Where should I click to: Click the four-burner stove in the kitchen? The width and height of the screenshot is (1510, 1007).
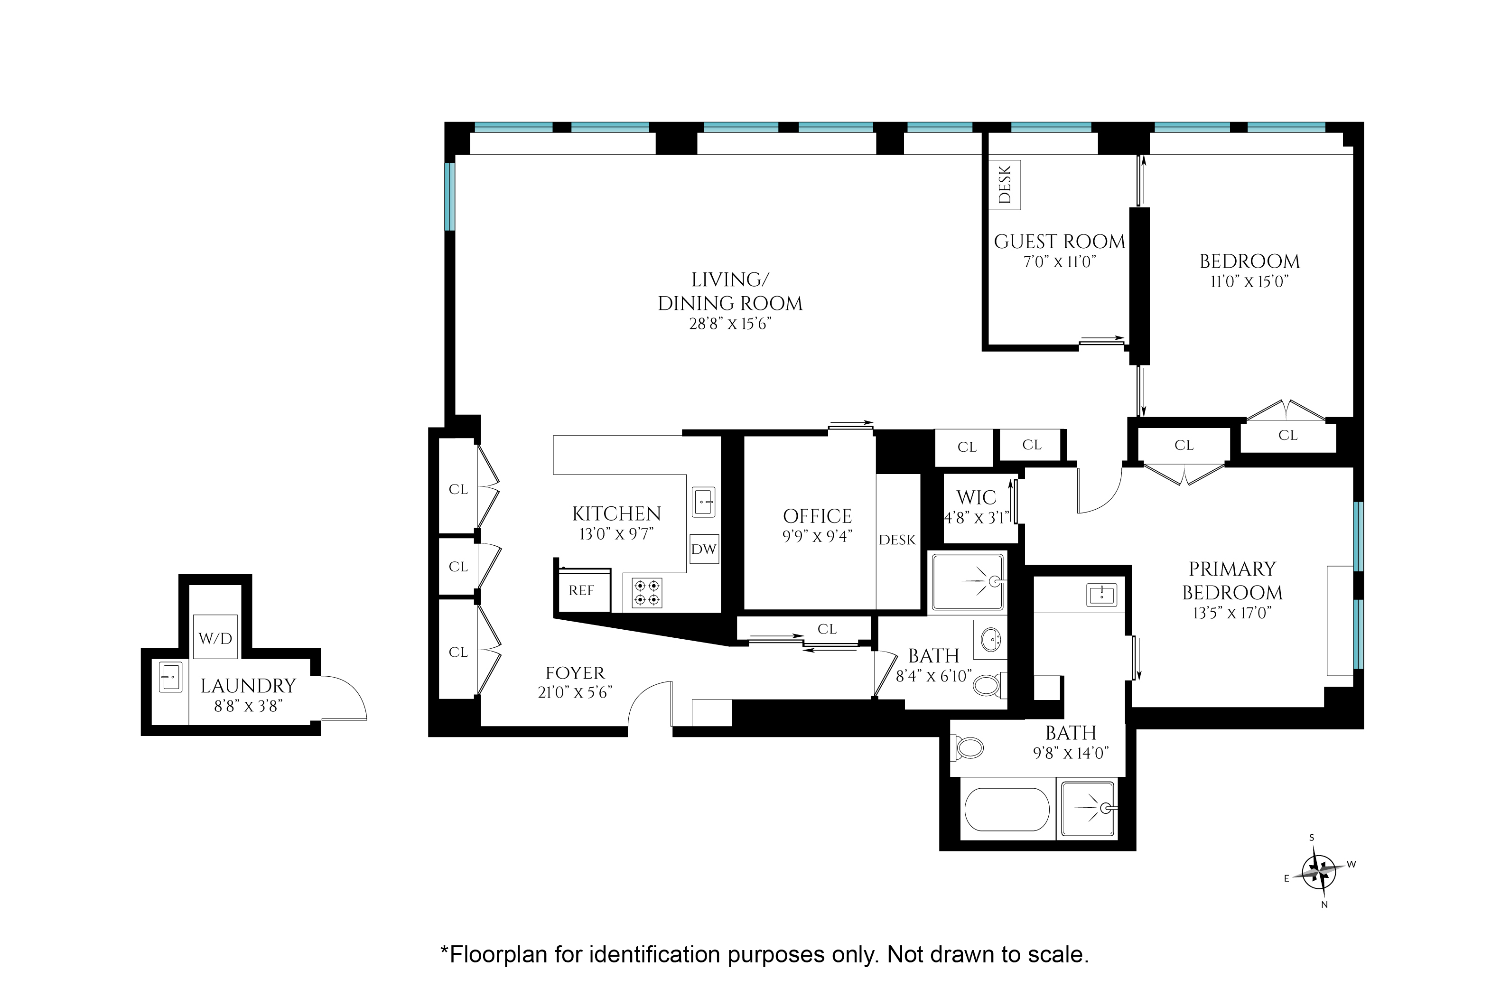(x=646, y=593)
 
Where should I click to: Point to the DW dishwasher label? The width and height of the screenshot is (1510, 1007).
(x=704, y=549)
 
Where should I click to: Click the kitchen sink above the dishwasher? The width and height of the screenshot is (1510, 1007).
(x=704, y=502)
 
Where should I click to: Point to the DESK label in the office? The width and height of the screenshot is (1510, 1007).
(x=897, y=540)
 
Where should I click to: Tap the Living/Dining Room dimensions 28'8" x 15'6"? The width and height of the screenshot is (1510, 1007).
(x=730, y=324)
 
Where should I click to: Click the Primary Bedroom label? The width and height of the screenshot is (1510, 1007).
(x=1232, y=580)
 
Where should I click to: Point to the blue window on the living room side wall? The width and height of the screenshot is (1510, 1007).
(x=450, y=196)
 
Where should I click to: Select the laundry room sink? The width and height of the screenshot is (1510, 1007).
(x=171, y=677)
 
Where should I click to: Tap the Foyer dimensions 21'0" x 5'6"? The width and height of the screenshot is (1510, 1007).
(x=575, y=692)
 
